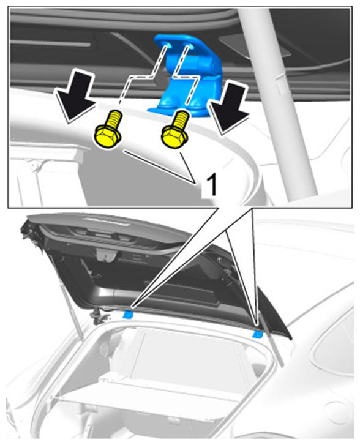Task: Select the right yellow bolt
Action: point(175,130)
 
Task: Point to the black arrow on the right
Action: point(229,107)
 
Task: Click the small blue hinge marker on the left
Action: point(129,314)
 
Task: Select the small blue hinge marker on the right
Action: point(258,335)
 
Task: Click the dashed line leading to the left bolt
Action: point(142,76)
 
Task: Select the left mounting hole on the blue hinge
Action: point(168,45)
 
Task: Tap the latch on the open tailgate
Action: point(106,255)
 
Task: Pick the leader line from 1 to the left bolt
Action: point(159,167)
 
